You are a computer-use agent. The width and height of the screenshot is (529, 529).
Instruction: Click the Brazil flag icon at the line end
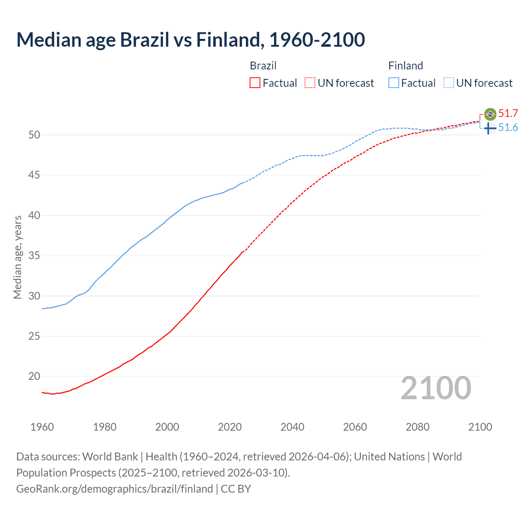pyautogui.click(x=490, y=114)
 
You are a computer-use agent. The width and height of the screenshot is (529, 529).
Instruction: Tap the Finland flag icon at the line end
pyautogui.click(x=490, y=128)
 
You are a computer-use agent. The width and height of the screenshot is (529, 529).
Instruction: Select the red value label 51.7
pyautogui.click(x=508, y=114)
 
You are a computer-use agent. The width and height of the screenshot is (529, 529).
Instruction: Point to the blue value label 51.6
pyautogui.click(x=508, y=128)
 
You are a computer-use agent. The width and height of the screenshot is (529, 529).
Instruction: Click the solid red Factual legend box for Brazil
pyautogui.click(x=255, y=83)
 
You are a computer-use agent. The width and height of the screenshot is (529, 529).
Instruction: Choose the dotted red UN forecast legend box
pyautogui.click(x=310, y=83)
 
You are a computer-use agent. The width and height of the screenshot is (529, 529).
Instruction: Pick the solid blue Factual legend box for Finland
pyautogui.click(x=394, y=83)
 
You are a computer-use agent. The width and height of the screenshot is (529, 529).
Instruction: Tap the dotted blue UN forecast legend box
pyautogui.click(x=448, y=83)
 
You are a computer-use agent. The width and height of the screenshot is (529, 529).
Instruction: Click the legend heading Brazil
pyautogui.click(x=263, y=66)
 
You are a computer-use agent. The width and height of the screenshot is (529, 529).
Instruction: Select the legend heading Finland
pyautogui.click(x=405, y=66)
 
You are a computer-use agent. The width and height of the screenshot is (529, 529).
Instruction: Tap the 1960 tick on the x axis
pyautogui.click(x=42, y=427)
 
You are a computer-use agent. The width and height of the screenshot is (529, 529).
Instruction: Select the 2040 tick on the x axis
pyautogui.click(x=292, y=427)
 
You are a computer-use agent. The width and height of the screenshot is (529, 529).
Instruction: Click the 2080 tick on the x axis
pyautogui.click(x=417, y=427)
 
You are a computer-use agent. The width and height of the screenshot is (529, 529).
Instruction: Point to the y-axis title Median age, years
pyautogui.click(x=17, y=257)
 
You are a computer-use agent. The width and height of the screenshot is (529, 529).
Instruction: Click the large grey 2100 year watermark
pyautogui.click(x=436, y=388)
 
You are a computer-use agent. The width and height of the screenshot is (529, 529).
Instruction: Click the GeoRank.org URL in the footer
pyautogui.click(x=114, y=489)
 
